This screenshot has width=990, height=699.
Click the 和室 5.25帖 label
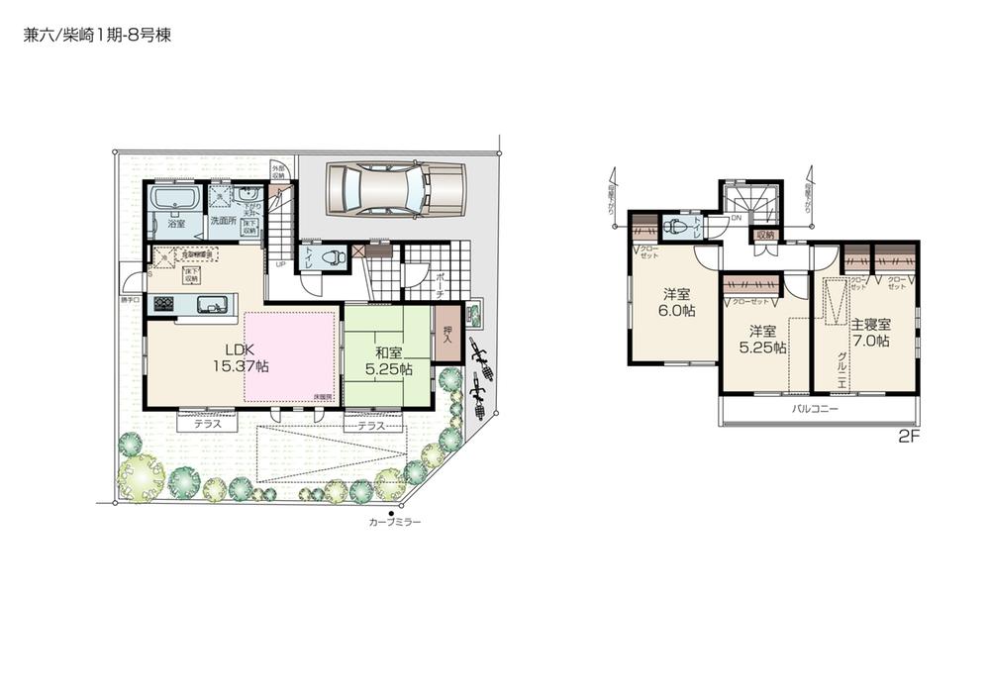pos(386,360)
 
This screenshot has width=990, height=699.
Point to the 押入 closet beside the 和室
pos(448,335)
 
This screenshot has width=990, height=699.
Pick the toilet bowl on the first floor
pos(335,257)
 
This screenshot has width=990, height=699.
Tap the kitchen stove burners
pos(161,304)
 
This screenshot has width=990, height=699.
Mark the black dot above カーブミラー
pos(392,511)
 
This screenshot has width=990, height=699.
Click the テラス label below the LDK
pos(207,424)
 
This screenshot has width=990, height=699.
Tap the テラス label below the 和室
pos(371,424)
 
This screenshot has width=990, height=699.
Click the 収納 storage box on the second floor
pos(764,235)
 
